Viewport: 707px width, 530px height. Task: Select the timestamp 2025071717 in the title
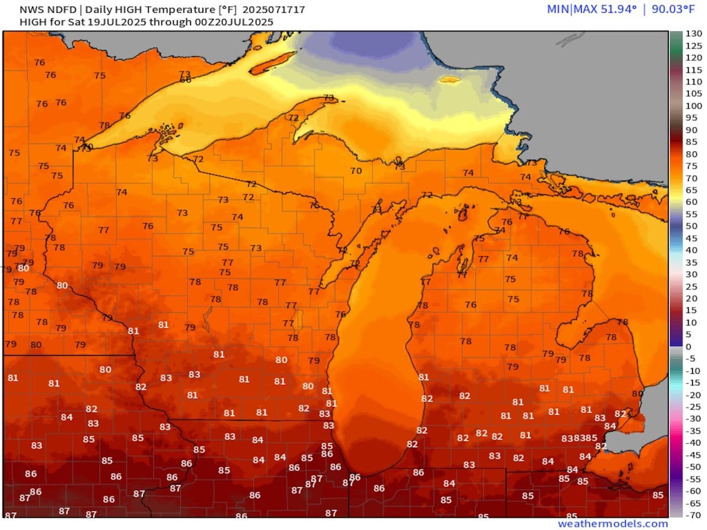click(x=273, y=9)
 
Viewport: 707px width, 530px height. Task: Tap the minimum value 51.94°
click(x=616, y=9)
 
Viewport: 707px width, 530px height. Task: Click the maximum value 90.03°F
click(x=673, y=9)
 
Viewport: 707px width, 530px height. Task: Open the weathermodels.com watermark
click(x=613, y=523)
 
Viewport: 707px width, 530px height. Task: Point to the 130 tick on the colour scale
click(x=693, y=34)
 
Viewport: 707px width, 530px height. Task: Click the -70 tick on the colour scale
click(x=693, y=515)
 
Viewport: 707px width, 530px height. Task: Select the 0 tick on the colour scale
click(x=688, y=347)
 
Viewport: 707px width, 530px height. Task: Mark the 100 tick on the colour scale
click(x=693, y=105)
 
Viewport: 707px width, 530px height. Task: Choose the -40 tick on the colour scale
click(x=693, y=443)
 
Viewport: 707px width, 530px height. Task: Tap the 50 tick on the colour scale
click(x=691, y=226)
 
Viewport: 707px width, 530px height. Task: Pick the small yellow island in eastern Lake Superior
click(x=449, y=79)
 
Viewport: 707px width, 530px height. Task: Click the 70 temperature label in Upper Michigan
click(x=356, y=171)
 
